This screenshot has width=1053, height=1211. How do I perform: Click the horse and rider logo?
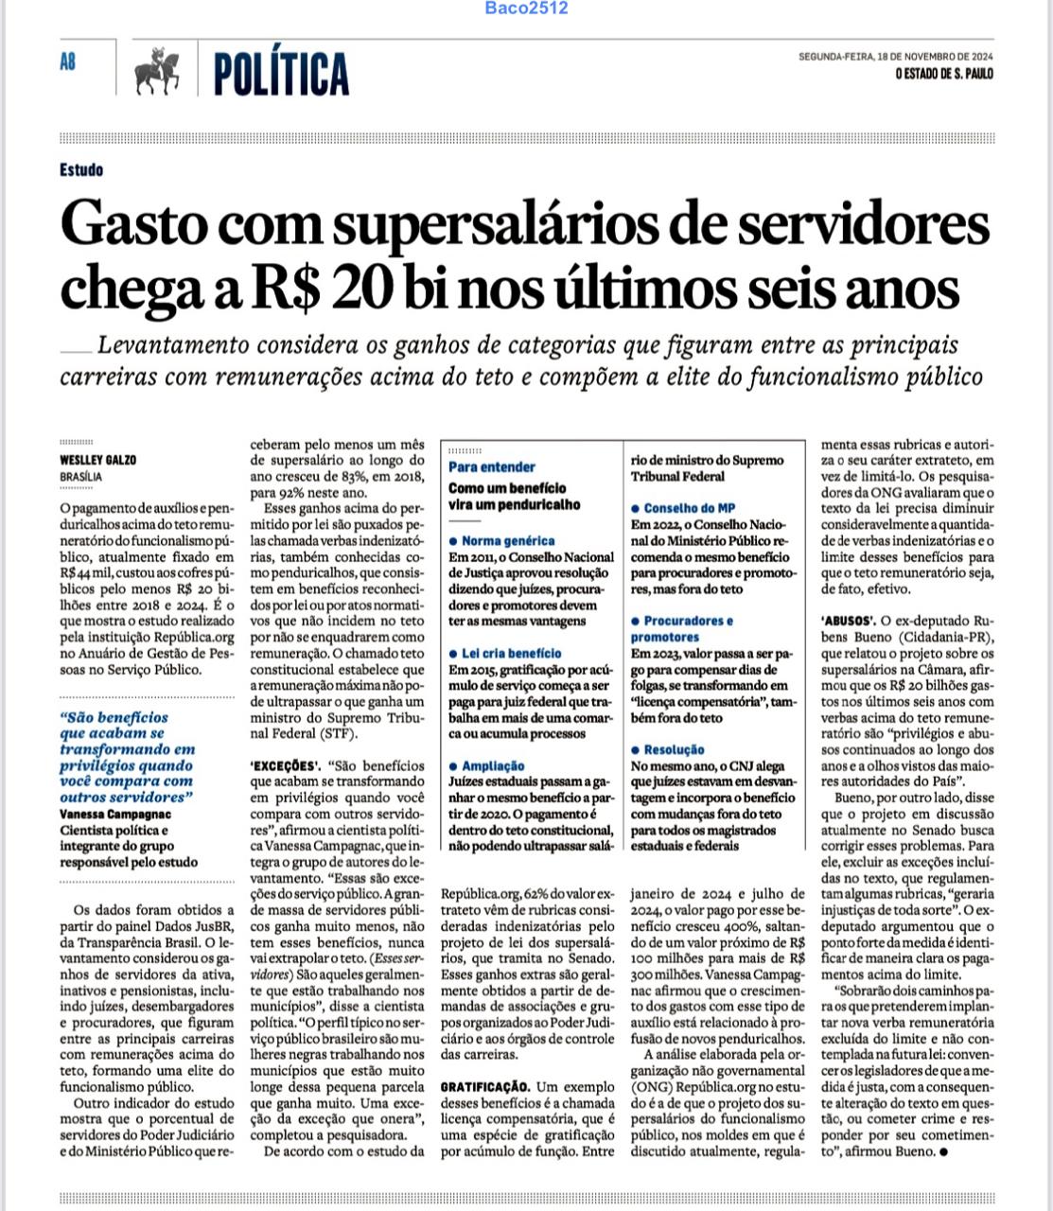click(x=158, y=71)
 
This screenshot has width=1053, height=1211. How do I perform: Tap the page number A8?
click(x=68, y=62)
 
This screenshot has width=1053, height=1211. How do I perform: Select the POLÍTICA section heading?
click(x=281, y=74)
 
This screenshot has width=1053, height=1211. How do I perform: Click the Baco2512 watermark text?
click(x=526, y=9)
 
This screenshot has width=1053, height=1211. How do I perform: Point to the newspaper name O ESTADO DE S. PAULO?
click(x=943, y=74)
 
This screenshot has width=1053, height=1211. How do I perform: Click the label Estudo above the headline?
click(x=81, y=170)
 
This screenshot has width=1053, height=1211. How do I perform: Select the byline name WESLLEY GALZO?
click(x=97, y=460)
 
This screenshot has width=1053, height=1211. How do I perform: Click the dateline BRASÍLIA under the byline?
click(x=80, y=477)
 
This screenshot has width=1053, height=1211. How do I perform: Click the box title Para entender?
click(x=492, y=466)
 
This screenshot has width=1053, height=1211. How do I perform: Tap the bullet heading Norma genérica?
click(x=508, y=540)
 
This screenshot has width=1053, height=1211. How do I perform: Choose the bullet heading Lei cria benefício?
click(x=511, y=653)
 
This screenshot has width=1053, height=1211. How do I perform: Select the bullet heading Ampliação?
click(x=492, y=765)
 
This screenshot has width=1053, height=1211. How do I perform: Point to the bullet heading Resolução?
click(x=674, y=749)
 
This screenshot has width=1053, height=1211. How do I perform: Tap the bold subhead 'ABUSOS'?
click(x=848, y=622)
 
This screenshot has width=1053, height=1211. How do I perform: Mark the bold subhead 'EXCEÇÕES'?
click(x=283, y=765)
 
